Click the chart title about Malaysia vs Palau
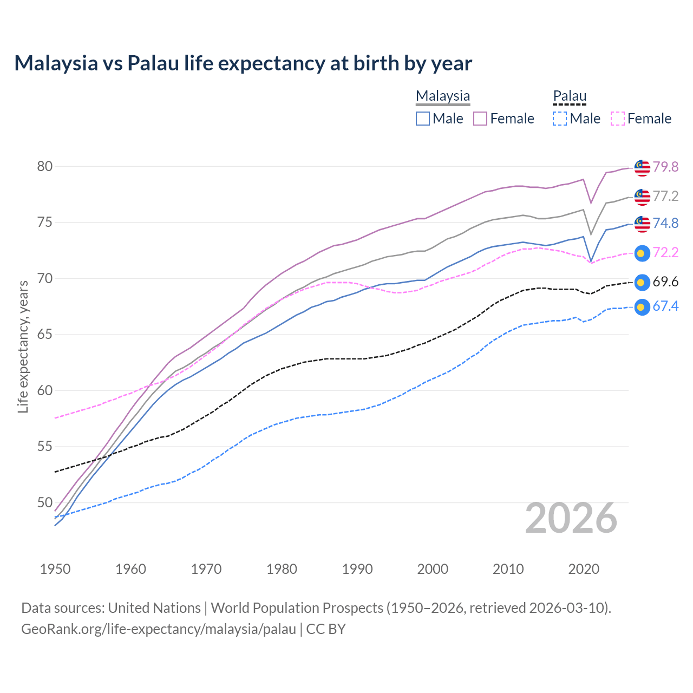[x=243, y=63]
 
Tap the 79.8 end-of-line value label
[x=665, y=167]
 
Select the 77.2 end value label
[x=665, y=196]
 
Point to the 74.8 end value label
[x=665, y=223]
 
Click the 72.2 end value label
[x=665, y=252]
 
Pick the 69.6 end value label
[x=665, y=282]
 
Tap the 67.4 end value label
[x=665, y=306]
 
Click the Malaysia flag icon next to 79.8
[x=642, y=168]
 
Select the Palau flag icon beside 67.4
[x=642, y=307]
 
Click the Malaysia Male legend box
[x=423, y=119]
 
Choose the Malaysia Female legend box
[x=480, y=119]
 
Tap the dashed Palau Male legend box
[x=560, y=119]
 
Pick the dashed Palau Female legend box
[x=618, y=119]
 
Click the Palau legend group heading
[x=570, y=96]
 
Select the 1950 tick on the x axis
[x=55, y=569]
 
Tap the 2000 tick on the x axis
[x=433, y=569]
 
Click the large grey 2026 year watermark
[x=571, y=519]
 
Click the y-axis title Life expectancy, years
[x=23, y=346]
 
